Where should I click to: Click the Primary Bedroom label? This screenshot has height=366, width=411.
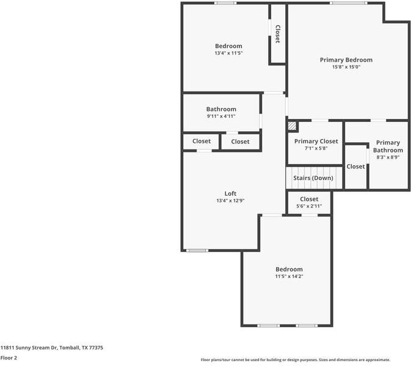click(x=346, y=60)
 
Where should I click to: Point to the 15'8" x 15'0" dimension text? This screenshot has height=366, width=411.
click(x=346, y=67)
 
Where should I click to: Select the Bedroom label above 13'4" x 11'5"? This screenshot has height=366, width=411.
click(x=228, y=46)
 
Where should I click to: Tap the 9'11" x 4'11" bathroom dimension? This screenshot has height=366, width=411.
click(x=221, y=116)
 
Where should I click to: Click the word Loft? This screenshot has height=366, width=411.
click(x=230, y=193)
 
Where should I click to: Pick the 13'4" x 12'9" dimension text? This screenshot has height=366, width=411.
click(x=230, y=201)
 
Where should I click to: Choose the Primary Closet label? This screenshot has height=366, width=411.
click(x=316, y=141)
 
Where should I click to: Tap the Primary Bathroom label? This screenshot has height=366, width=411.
click(x=388, y=146)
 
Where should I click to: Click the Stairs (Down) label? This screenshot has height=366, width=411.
click(x=313, y=178)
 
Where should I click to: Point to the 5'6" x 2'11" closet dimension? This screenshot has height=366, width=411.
click(x=309, y=206)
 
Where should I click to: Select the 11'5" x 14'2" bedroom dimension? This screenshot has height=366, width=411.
click(x=289, y=276)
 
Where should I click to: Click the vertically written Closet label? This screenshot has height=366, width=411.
click(x=277, y=34)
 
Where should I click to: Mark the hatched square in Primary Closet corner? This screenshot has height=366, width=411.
click(x=293, y=126)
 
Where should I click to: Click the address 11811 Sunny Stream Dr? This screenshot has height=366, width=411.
click(x=51, y=348)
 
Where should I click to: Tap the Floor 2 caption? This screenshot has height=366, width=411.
click(x=9, y=358)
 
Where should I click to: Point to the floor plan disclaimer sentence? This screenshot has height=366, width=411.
click(x=295, y=360)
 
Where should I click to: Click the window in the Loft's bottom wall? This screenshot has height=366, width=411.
click(x=197, y=250)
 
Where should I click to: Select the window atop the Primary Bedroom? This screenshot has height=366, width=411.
click(x=349, y=3)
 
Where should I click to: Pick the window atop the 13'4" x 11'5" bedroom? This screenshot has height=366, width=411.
click(x=225, y=3)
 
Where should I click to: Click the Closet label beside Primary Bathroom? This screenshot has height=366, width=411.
click(x=355, y=166)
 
